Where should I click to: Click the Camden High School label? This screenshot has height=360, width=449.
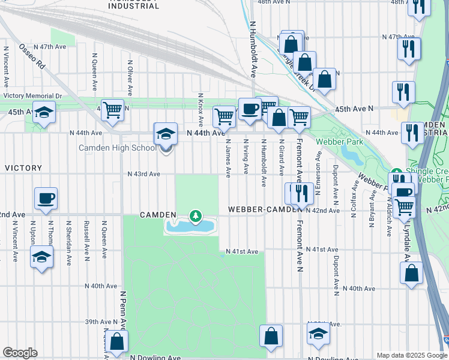117,148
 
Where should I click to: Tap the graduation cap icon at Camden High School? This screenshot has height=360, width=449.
166,134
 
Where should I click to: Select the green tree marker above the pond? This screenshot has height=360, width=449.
194,215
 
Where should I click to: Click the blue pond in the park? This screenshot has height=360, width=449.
190,227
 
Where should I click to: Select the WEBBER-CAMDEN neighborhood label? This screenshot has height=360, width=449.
264,209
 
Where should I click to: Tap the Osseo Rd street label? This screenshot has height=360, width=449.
31,55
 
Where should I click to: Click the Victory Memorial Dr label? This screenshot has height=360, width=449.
32,96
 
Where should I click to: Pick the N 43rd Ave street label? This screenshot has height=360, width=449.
143,174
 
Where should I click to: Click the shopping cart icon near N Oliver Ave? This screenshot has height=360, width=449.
112,110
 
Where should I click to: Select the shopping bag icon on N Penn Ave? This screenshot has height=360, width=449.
118,342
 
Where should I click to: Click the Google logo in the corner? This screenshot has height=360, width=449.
20,353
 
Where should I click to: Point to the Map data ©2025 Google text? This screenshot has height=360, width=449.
412,355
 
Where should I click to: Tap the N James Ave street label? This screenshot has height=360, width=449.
228,158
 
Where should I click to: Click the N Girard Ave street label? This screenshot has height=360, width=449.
281,157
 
